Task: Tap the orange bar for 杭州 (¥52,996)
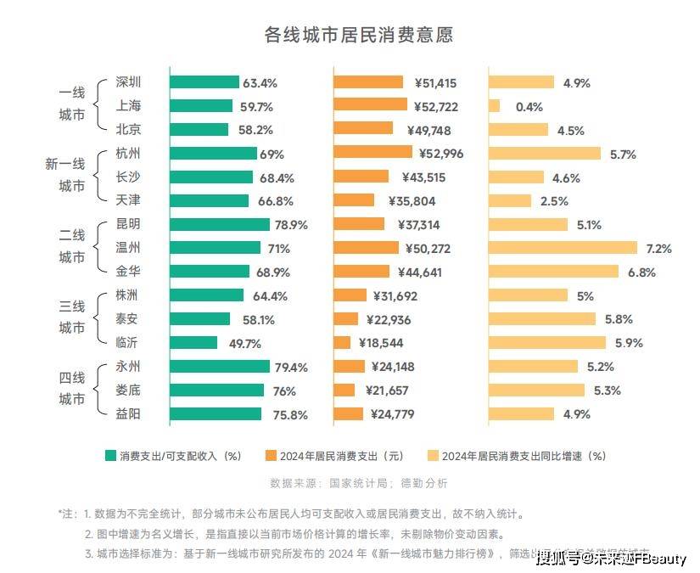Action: (x=372, y=153)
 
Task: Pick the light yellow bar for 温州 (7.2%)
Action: (x=563, y=248)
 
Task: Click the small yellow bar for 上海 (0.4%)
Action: (x=494, y=106)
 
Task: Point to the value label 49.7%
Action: (x=244, y=343)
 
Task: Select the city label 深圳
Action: (x=128, y=82)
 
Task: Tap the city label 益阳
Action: (x=128, y=414)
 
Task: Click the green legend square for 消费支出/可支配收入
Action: (x=109, y=456)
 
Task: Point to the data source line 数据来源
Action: (x=358, y=483)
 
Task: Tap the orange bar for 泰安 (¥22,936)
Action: (x=346, y=319)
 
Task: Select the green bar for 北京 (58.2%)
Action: (x=199, y=130)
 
